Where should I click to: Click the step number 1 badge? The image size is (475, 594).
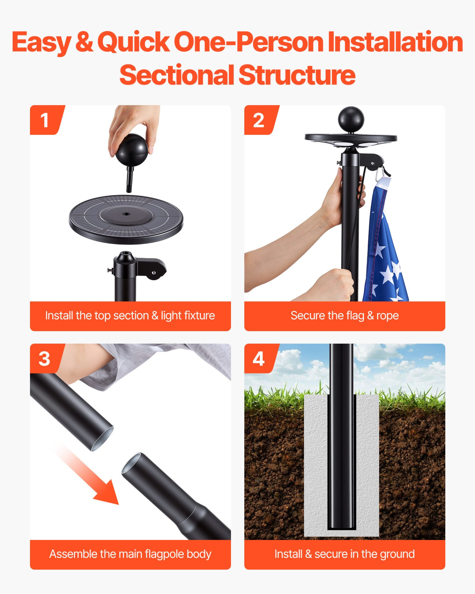(x=46, y=120)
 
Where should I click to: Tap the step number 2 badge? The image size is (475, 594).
(x=261, y=120)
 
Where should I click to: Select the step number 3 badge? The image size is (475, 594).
(x=46, y=358)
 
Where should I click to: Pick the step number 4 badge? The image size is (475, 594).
(x=261, y=358)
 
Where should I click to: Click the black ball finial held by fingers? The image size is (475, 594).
(x=132, y=150)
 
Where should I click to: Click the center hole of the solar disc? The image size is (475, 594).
(x=126, y=214)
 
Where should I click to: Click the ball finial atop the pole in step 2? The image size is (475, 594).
(x=351, y=119)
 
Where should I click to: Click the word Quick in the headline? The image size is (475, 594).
(x=134, y=42)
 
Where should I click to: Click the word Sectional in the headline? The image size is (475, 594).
(x=177, y=75)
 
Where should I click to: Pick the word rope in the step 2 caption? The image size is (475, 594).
(x=387, y=316)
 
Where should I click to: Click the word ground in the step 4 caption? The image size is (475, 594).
(x=397, y=554)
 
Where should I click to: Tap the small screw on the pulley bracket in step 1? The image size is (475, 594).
(x=154, y=273)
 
